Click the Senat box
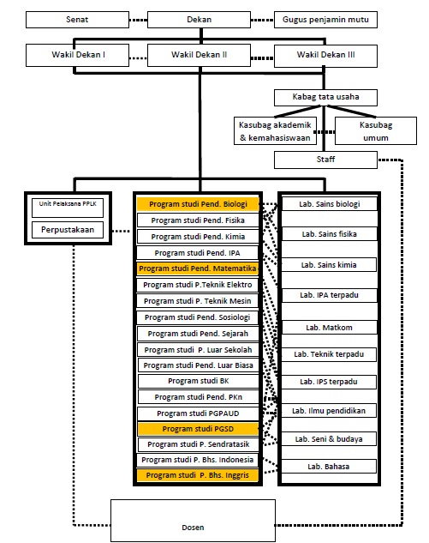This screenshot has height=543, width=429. click(77, 20)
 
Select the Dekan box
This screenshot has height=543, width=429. click(200, 20)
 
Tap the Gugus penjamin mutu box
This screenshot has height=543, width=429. click(325, 20)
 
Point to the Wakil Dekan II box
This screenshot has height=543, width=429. click(200, 55)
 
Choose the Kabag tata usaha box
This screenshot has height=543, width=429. click(325, 98)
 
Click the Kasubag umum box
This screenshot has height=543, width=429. click(376, 131)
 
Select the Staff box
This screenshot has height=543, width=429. click(325, 160)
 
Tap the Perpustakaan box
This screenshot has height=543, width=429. click(68, 230)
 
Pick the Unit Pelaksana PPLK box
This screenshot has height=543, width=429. click(68, 208)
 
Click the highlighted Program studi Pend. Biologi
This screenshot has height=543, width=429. click(198, 204)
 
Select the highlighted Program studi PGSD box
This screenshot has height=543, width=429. click(198, 429)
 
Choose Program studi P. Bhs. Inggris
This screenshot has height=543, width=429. click(198, 475)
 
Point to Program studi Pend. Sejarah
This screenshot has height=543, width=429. click(198, 334)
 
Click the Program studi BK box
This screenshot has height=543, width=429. click(199, 381)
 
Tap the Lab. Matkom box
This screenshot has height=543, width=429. click(329, 328)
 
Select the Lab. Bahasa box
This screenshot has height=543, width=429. click(329, 467)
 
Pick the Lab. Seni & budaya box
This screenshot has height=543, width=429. click(329, 439)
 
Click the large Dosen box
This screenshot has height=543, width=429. click(193, 521)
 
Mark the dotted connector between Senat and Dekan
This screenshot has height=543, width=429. click(138, 20)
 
